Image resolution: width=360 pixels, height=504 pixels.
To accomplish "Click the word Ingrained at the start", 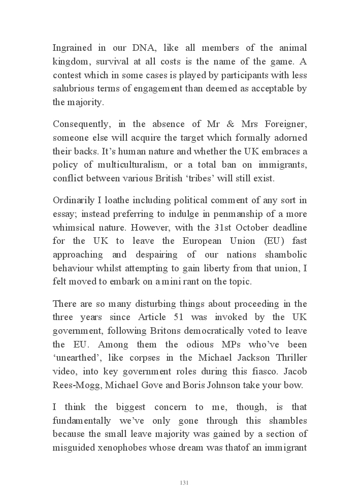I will coord(72,48).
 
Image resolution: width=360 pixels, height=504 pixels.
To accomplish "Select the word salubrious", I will coord(74,89).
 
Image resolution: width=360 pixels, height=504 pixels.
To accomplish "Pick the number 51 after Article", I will coord(182,318).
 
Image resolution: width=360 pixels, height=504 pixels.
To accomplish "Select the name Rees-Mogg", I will coord(75,385).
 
